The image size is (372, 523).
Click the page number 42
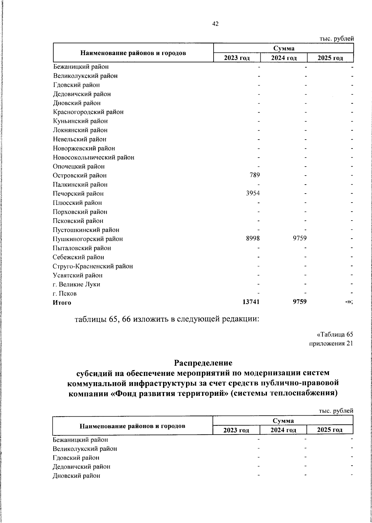tap(215, 24)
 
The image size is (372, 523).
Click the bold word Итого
tap(62, 303)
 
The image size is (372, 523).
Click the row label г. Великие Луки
tap(76, 284)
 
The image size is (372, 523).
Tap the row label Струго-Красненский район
tap(93, 266)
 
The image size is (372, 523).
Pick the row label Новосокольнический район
tap(93, 157)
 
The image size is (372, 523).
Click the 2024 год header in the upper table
tap(284, 58)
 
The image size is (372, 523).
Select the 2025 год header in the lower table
tap(330, 430)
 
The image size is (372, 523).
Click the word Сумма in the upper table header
tap(284, 48)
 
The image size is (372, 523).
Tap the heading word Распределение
tap(203, 363)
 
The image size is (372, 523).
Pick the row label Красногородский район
tap(88, 112)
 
